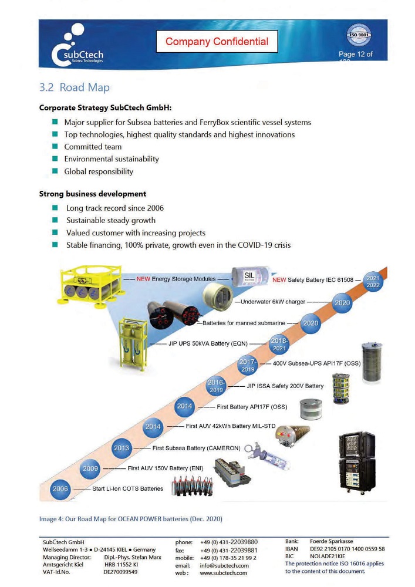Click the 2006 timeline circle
coord(60,489)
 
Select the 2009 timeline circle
coord(90,468)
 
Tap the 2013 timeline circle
coord(122,448)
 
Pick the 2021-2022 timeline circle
coord(373,281)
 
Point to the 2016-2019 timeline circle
coord(217,386)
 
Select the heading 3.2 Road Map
coord(74,87)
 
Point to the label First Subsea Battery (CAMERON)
coord(196,448)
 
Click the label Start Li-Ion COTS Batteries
coord(127,489)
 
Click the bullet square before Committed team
coord(53,147)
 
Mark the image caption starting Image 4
coord(130,518)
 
